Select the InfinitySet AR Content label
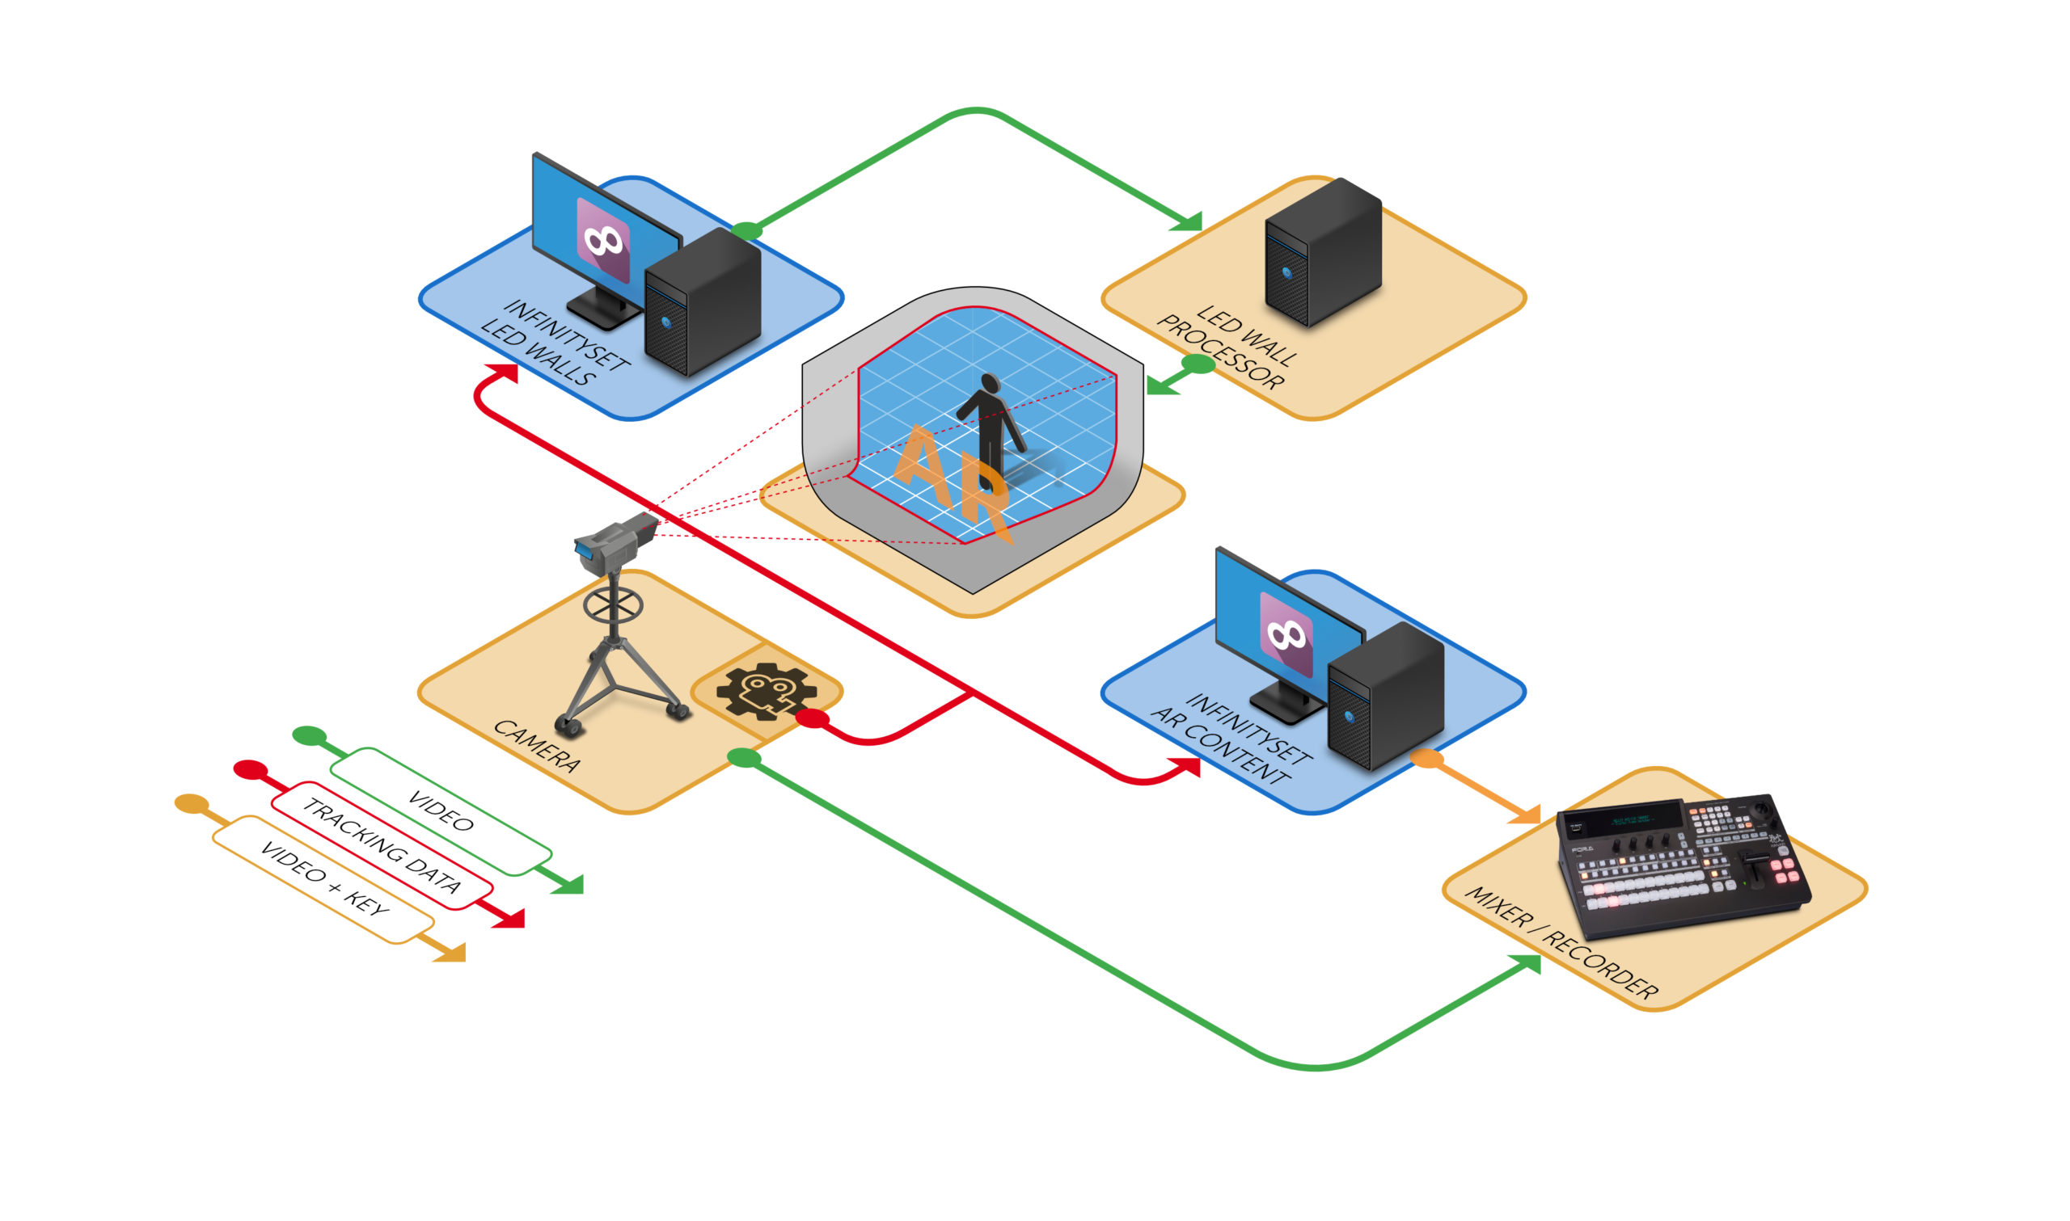click(x=1230, y=739)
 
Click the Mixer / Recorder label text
click(x=1561, y=944)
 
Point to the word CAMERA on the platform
click(x=536, y=745)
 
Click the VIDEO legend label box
click(x=441, y=811)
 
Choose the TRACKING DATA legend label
click(x=382, y=846)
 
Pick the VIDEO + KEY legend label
click(x=323, y=879)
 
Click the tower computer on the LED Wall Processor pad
click(x=1322, y=251)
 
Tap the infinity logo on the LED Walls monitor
click(x=603, y=240)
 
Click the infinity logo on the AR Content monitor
click(x=1286, y=634)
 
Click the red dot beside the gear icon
click(x=813, y=718)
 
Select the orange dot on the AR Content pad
click(x=1427, y=759)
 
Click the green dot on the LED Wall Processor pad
click(x=1198, y=364)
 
